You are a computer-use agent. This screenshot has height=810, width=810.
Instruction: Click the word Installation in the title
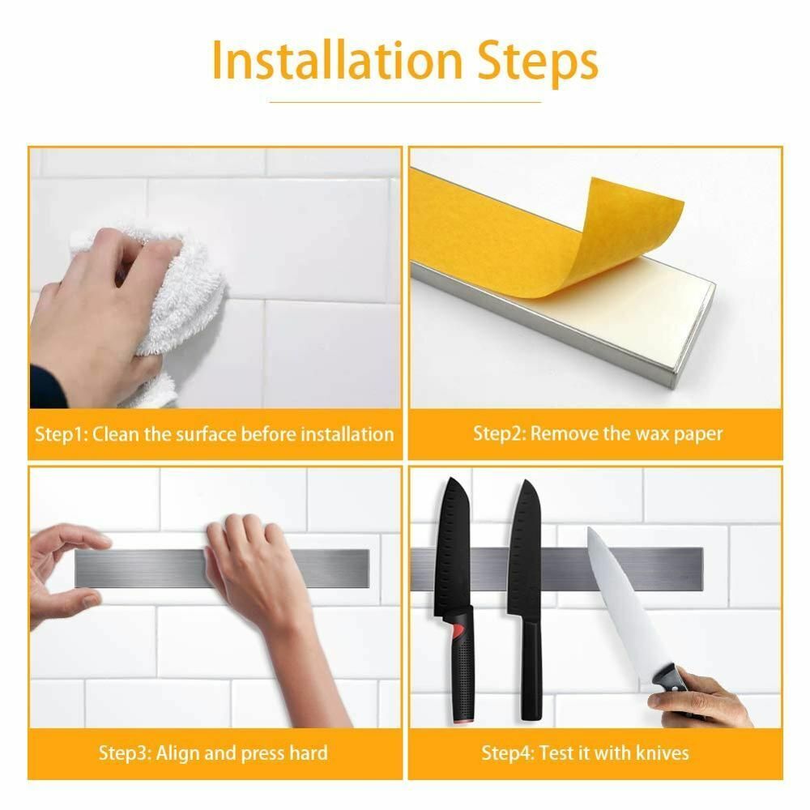click(x=336, y=61)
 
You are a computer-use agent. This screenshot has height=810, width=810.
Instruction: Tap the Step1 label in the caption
click(x=61, y=434)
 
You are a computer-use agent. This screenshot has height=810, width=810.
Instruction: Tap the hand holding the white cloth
click(x=104, y=310)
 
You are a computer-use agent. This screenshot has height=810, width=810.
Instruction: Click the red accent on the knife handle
click(x=458, y=631)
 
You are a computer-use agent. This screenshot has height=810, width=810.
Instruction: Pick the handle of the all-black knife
click(x=531, y=669)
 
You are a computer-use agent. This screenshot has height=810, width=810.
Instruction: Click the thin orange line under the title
click(x=405, y=102)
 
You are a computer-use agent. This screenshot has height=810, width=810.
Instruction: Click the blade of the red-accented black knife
click(x=453, y=548)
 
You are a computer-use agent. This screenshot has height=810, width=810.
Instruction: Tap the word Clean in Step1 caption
click(x=117, y=434)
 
